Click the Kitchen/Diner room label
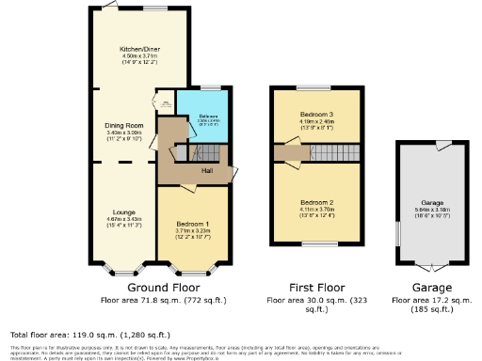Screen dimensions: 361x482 coord(137,49)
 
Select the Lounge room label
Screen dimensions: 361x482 coord(124,213)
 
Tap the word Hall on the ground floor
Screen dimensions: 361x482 coord(204,170)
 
